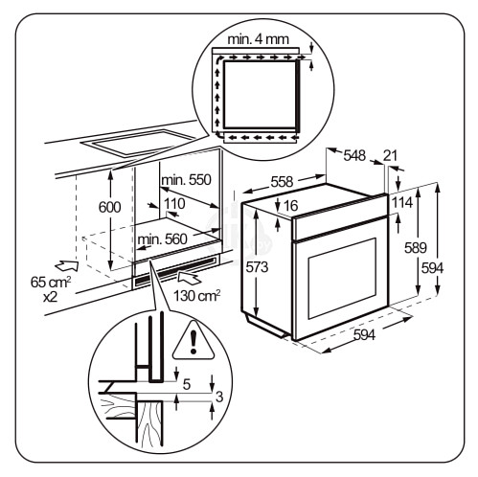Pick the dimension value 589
click(415, 248)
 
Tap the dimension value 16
click(292, 207)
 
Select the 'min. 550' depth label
click(185, 180)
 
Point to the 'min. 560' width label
click(161, 239)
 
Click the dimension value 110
click(173, 204)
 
